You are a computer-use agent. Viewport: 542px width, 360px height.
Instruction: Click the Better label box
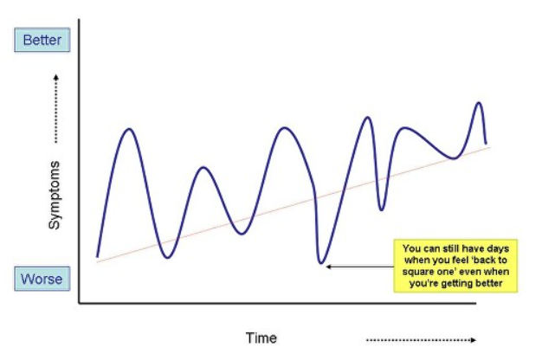pos(41,41)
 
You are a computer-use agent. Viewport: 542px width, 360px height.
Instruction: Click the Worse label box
pos(41,280)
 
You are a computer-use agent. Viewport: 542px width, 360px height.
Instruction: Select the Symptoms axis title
pos(55,196)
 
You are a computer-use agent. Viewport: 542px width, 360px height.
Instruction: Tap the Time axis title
pos(261,337)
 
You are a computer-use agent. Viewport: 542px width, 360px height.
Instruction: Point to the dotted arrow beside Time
pos(421,339)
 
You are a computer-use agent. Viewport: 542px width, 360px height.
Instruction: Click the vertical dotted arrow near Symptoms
pos(55,107)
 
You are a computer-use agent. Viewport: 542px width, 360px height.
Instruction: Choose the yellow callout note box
pos(455,265)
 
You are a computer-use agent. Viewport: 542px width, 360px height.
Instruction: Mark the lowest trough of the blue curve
pos(321,261)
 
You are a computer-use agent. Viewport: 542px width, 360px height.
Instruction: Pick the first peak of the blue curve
pos(129,129)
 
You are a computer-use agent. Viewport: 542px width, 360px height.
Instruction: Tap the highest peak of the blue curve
pos(477,103)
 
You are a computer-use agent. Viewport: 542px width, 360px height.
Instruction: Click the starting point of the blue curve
pos(97,258)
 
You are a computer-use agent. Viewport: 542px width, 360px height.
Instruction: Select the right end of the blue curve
pos(486,143)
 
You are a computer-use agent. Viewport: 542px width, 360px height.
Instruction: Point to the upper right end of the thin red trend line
pos(490,146)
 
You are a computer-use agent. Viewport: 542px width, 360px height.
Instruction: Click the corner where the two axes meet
pos(80,302)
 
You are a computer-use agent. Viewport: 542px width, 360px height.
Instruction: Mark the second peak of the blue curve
pos(203,168)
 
